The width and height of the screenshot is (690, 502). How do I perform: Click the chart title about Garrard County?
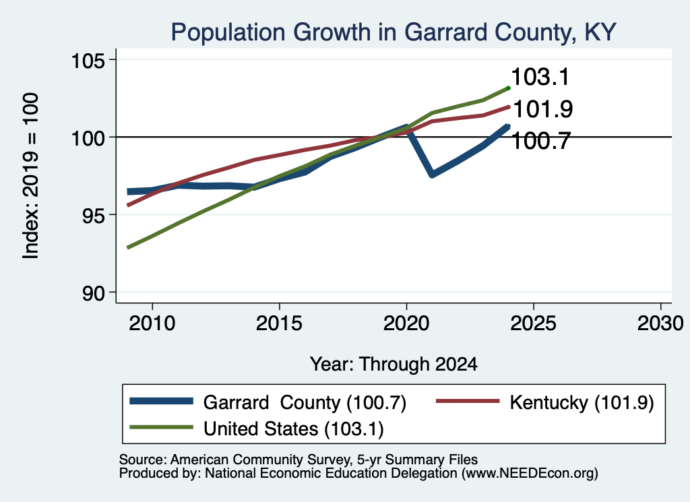[x=394, y=32]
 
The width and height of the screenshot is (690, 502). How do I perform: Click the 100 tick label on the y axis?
[x=88, y=137]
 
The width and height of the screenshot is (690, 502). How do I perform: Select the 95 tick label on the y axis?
[x=94, y=215]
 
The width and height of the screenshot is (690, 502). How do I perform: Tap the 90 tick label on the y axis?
[x=94, y=293]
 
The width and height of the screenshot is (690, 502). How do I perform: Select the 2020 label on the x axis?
[x=406, y=323]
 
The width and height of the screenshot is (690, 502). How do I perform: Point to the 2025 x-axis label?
[x=534, y=323]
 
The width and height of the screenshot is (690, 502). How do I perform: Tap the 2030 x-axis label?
[x=660, y=323]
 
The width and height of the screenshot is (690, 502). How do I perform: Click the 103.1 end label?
[x=540, y=77]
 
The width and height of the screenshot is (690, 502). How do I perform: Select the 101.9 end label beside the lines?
[x=543, y=108]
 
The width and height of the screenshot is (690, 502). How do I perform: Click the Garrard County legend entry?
[x=268, y=402]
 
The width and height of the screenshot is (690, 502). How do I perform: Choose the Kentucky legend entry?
[x=545, y=402]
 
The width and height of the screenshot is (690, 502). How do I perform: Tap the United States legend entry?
[x=257, y=428]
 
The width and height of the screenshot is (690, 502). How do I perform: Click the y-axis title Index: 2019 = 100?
[x=30, y=176]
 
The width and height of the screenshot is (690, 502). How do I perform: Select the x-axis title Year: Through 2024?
[x=394, y=365]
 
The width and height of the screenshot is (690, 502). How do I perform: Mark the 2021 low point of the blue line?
[x=432, y=175]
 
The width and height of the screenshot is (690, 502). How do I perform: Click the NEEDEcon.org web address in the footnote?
[x=530, y=473]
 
